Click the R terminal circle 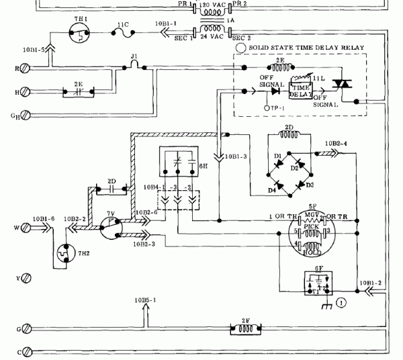(x=26, y=68)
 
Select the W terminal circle (x=26, y=228)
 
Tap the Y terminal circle (x=26, y=277)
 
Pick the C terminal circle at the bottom (x=26, y=351)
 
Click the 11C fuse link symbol (x=122, y=32)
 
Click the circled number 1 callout (x=341, y=303)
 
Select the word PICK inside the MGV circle (x=311, y=228)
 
